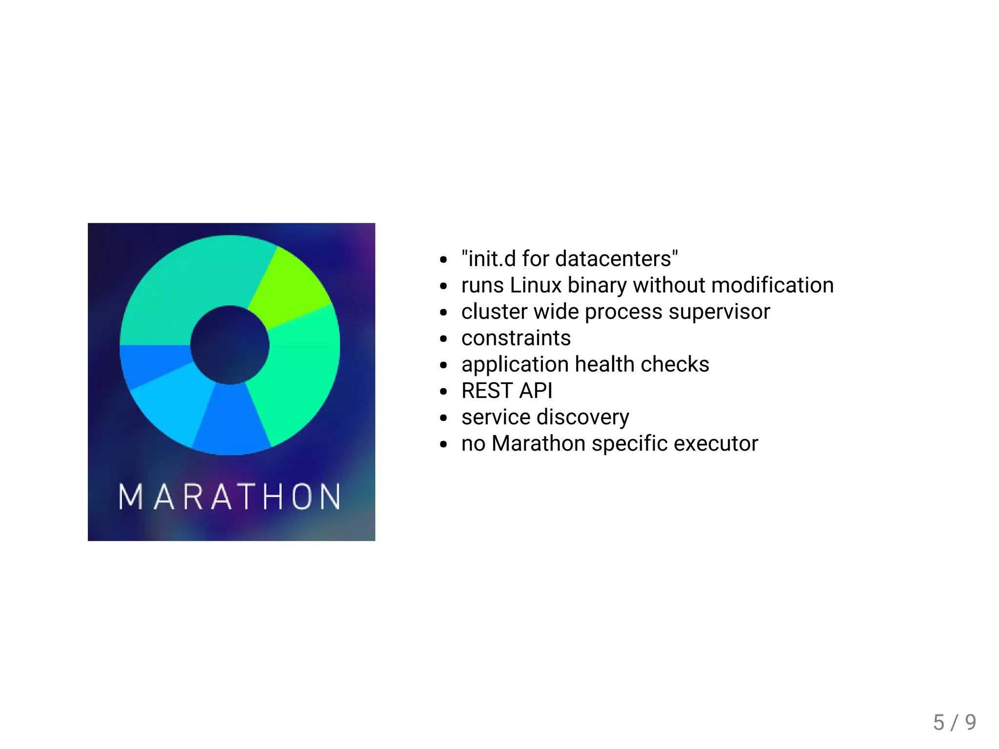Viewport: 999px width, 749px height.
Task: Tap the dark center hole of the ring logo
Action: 230,345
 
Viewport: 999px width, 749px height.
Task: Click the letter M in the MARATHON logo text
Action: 130,497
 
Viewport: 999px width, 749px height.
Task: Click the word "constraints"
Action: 516,338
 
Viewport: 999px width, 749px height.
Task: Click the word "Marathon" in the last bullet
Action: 539,443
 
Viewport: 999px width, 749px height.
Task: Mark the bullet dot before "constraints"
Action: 443,339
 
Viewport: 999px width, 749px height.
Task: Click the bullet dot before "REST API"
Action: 443,391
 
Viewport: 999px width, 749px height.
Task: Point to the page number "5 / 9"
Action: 954,722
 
